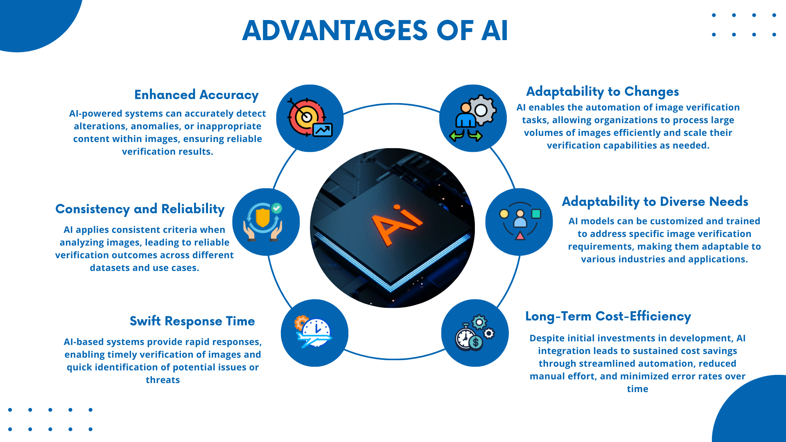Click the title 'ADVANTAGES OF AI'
(x=375, y=31)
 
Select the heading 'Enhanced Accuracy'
(x=196, y=95)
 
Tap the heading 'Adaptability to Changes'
(x=602, y=92)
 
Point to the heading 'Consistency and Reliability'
(x=140, y=209)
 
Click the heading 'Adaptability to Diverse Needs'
(x=655, y=202)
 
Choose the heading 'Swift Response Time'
(x=192, y=321)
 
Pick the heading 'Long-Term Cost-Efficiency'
(x=608, y=316)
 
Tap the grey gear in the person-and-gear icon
(x=482, y=110)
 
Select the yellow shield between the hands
(x=262, y=218)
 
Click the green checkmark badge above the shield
(x=277, y=208)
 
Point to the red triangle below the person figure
(x=520, y=236)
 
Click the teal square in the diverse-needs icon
(x=536, y=214)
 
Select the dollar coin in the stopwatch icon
(x=476, y=342)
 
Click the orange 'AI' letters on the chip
(x=395, y=223)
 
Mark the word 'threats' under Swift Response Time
(x=163, y=380)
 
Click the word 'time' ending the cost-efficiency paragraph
(x=637, y=389)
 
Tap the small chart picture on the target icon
(x=323, y=130)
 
